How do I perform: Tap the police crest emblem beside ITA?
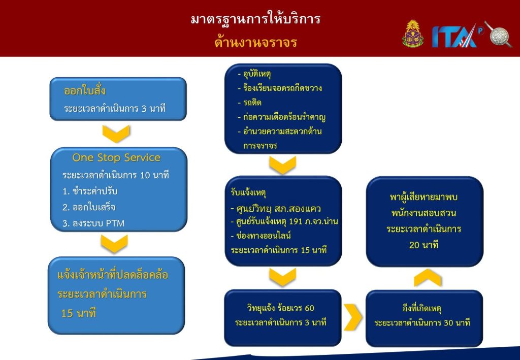(x=413, y=34)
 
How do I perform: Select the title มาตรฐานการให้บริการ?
(x=256, y=19)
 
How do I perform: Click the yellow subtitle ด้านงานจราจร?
(x=256, y=43)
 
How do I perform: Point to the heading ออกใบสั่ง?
(x=85, y=90)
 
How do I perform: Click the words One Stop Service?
(x=116, y=157)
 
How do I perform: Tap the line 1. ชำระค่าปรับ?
(x=90, y=191)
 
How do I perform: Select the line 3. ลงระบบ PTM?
(x=93, y=223)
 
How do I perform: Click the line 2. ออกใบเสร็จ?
(x=89, y=207)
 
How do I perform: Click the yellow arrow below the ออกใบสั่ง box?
(x=116, y=134)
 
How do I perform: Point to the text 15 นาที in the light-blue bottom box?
(x=79, y=313)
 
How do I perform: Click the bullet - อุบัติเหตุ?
(x=254, y=74)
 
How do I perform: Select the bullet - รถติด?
(x=249, y=103)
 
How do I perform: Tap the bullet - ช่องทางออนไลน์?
(x=261, y=236)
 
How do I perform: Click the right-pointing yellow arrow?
(x=353, y=317)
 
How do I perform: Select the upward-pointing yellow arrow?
(x=428, y=278)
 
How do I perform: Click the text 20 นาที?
(x=424, y=245)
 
